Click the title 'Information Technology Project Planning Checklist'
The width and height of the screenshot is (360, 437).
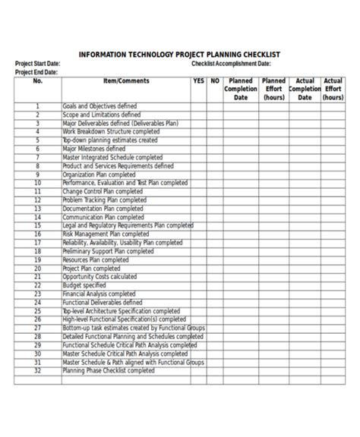(180, 55)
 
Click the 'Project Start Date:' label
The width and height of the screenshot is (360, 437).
(38, 64)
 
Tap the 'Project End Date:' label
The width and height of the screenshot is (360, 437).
(36, 72)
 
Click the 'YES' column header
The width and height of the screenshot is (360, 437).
(199, 80)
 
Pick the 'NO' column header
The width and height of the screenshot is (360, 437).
(215, 80)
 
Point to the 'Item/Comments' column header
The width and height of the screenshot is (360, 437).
(126, 80)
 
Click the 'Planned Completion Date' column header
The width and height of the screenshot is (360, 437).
(241, 89)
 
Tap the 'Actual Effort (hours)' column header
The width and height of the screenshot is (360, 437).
(333, 89)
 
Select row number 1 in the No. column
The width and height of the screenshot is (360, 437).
(37, 107)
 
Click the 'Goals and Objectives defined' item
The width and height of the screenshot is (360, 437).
(99, 107)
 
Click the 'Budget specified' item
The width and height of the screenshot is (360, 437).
(84, 285)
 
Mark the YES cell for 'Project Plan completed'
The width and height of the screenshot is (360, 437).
(199, 268)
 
